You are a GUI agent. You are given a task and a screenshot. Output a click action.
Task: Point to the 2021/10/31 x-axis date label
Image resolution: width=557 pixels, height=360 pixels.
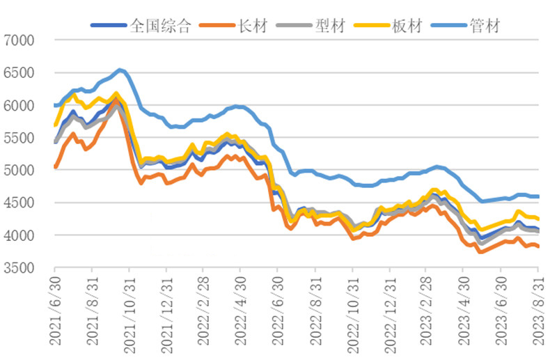click(129, 312)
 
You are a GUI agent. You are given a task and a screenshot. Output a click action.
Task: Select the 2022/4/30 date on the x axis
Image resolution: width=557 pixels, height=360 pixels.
click(240, 312)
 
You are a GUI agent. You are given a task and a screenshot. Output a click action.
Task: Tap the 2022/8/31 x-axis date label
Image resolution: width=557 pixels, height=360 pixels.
click(314, 312)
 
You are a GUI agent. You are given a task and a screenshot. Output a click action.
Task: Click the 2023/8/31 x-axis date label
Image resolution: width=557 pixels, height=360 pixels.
click(535, 312)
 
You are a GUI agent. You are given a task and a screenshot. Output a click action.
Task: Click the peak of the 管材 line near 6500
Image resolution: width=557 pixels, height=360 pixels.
click(120, 70)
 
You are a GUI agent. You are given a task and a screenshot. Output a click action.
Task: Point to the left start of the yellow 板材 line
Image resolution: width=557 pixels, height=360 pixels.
click(55, 125)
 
